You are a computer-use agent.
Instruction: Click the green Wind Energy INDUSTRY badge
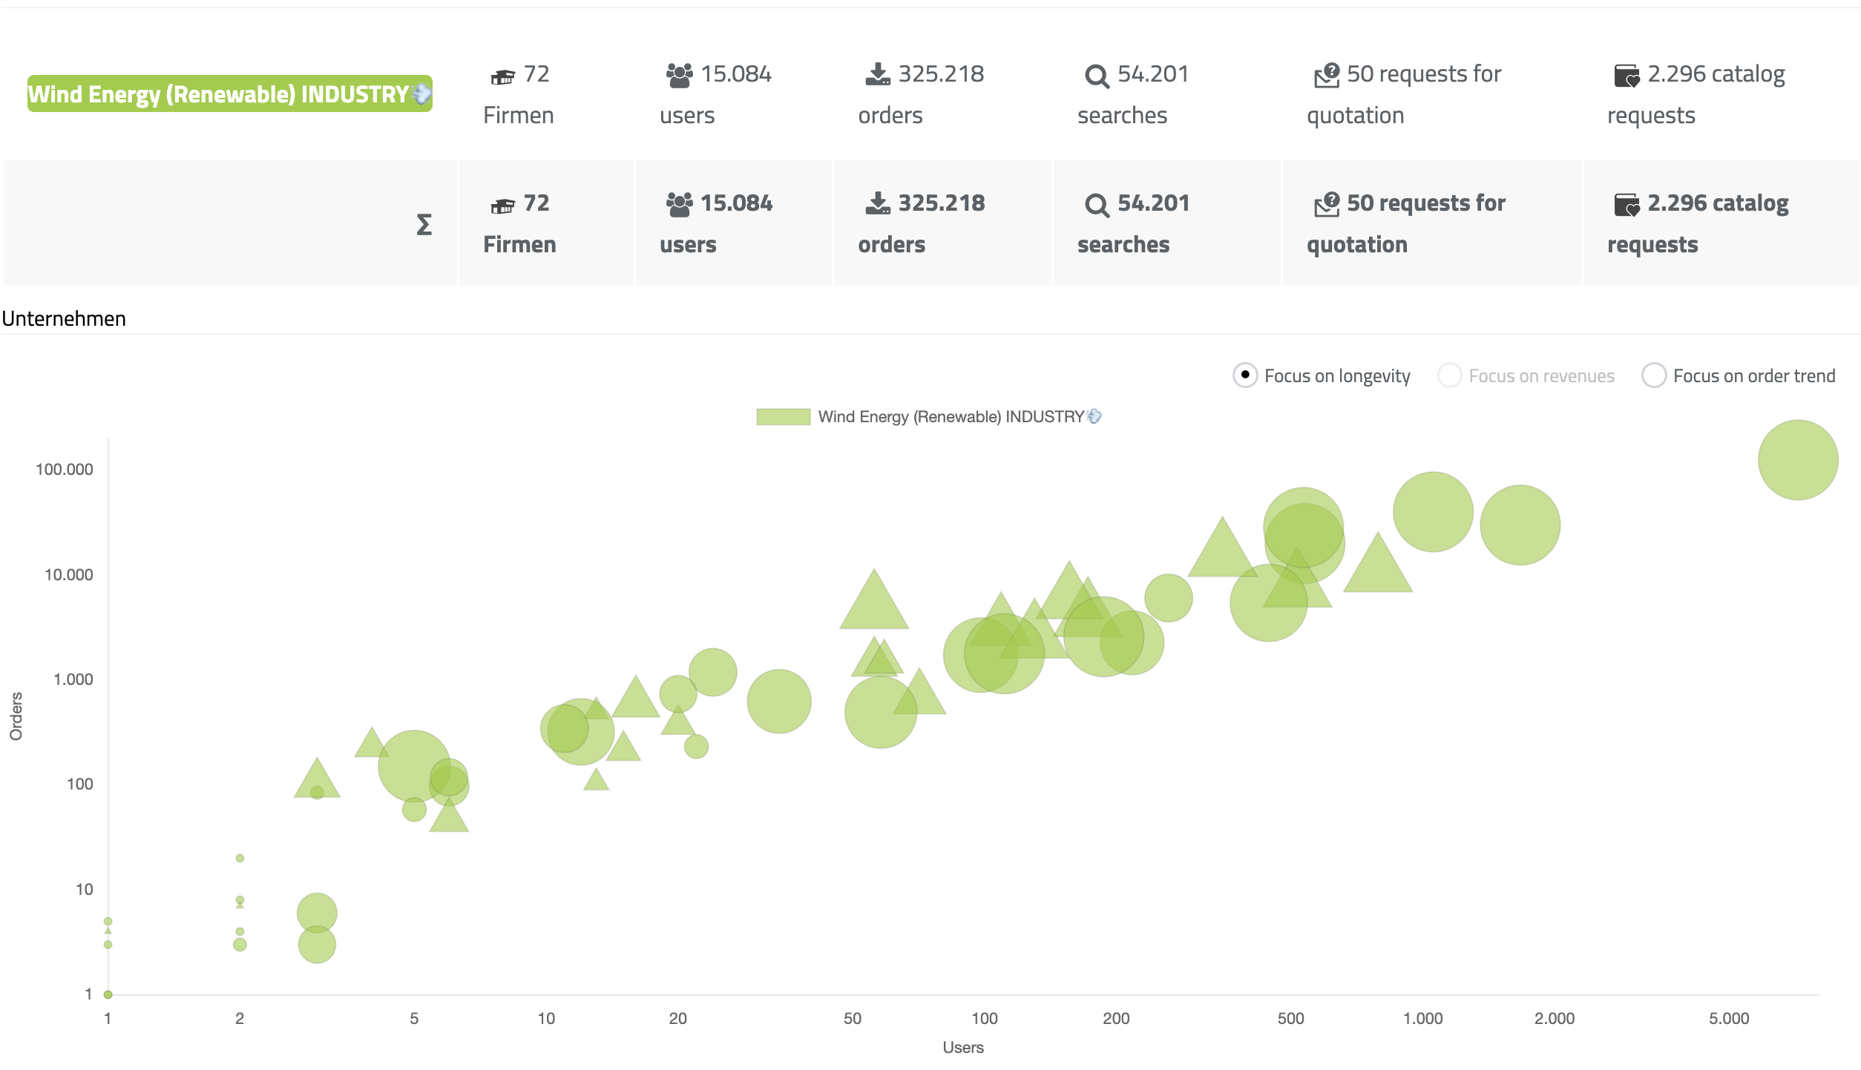tap(229, 94)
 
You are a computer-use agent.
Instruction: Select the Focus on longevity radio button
tap(1244, 375)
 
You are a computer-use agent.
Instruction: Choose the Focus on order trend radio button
tap(1653, 375)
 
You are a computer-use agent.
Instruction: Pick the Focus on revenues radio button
tap(1449, 375)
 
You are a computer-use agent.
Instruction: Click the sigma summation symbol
tap(424, 224)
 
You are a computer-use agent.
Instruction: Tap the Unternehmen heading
tap(64, 319)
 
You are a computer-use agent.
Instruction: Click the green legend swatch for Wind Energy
tap(783, 417)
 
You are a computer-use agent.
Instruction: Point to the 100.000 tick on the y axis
tap(65, 470)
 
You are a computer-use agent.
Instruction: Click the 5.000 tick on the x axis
tap(1728, 1019)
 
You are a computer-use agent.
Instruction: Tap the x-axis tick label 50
tap(852, 1019)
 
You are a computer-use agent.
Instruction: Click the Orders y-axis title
tap(16, 716)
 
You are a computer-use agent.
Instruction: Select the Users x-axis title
tap(962, 1048)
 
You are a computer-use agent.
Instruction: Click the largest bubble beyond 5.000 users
tap(1797, 460)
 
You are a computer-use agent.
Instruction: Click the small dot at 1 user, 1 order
tap(108, 994)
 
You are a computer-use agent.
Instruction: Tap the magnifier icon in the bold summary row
tap(1096, 205)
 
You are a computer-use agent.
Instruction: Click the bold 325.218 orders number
tap(941, 203)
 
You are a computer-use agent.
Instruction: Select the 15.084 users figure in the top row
tap(735, 74)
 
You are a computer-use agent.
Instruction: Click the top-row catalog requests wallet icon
tap(1626, 76)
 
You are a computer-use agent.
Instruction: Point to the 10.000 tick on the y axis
tap(69, 575)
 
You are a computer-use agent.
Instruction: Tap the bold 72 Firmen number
tap(536, 203)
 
